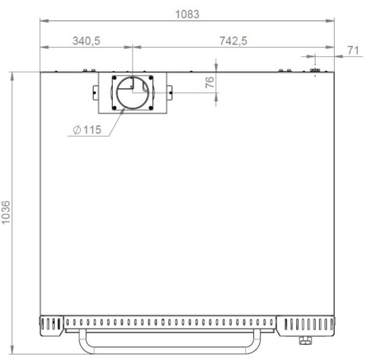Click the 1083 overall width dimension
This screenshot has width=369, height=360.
coord(187,14)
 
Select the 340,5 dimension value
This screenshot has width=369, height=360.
coord(87,41)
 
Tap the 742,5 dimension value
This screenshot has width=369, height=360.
coord(233,41)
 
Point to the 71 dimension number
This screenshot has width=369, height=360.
coord(353,50)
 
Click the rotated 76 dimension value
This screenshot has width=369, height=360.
coord(210,82)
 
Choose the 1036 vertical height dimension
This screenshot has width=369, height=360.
coord(5,213)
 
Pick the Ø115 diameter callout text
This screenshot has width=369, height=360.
coord(87,130)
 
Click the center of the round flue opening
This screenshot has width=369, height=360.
coord(133,93)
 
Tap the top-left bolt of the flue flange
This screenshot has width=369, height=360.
coord(115,78)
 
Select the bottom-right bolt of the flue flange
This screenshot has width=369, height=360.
coord(151,108)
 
